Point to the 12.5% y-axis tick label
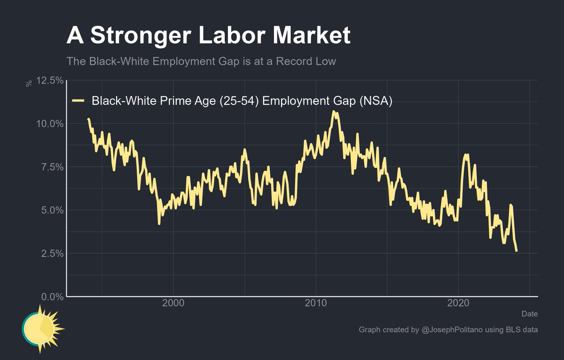tap(50, 81)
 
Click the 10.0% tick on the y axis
tap(50, 124)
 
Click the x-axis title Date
tap(530, 314)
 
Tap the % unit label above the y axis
tap(29, 83)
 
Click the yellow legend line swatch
tap(78, 101)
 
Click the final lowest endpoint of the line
tap(517, 251)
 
